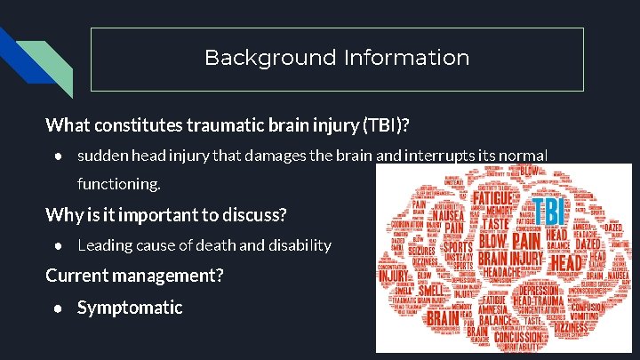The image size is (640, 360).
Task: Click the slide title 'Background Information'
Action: coord(337,59)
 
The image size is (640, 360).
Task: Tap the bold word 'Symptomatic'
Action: coord(130,308)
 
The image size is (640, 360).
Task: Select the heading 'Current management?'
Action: coord(134,276)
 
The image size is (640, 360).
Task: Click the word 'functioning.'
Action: coord(119,185)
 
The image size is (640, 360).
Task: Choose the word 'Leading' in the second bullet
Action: coord(104,245)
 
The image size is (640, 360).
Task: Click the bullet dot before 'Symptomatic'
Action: coord(57,308)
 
